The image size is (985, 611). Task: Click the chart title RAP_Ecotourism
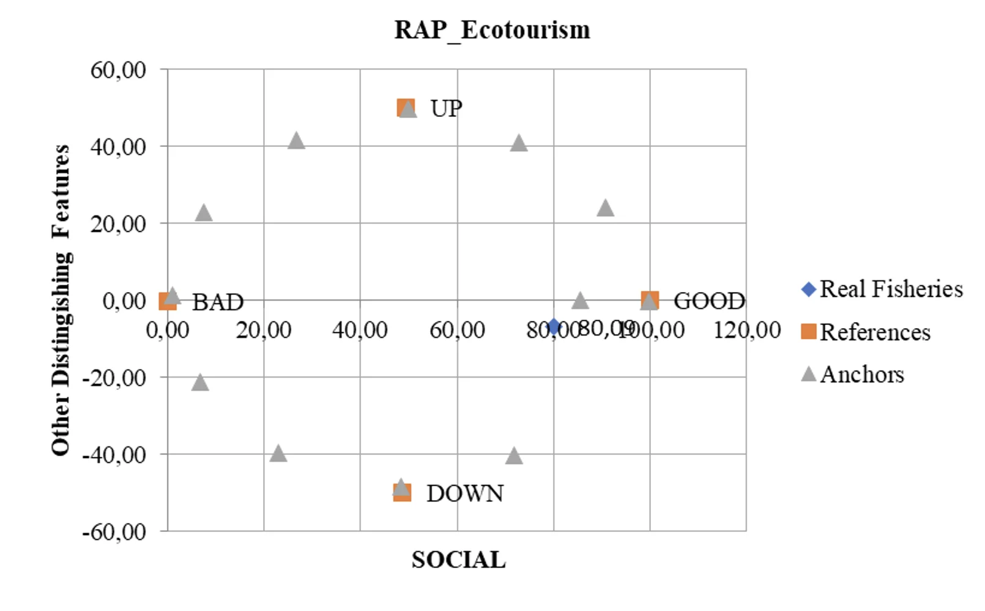[x=492, y=29]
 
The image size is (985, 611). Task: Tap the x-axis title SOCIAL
[x=458, y=560]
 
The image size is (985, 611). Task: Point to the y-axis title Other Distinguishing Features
[x=61, y=300]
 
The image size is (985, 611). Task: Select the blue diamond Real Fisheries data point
[x=554, y=326]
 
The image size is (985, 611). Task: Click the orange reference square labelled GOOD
[x=650, y=300]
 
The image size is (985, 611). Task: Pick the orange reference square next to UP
[x=405, y=108]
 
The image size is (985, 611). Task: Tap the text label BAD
[x=218, y=302]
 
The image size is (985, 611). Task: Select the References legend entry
[x=866, y=332]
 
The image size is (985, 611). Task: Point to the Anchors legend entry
[x=853, y=374]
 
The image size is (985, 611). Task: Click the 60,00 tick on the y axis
[x=118, y=70]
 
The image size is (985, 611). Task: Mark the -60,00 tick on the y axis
[x=114, y=531]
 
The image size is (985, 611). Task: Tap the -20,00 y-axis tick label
[x=114, y=378]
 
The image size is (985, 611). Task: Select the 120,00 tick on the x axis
[x=747, y=330]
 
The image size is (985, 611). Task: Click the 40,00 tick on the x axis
[x=360, y=330]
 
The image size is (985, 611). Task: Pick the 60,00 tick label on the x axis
[x=457, y=330]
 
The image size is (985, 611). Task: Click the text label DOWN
[x=465, y=493]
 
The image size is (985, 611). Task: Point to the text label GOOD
[x=709, y=301]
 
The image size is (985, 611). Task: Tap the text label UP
[x=446, y=108]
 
